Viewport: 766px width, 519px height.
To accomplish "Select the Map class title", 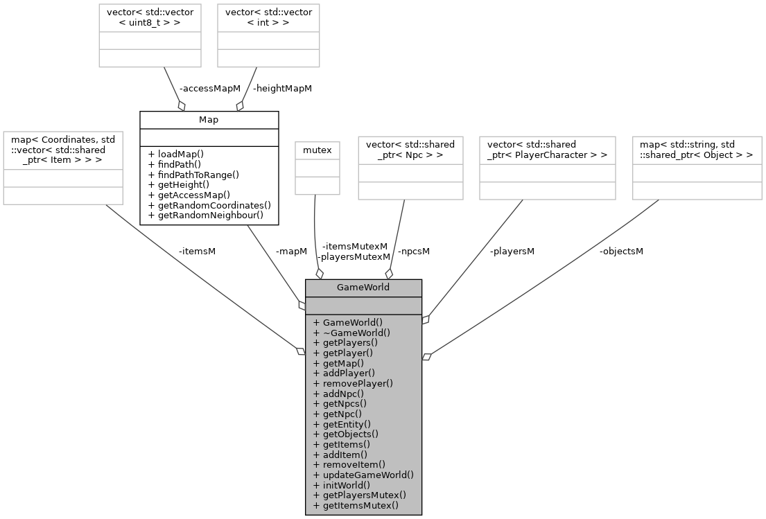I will coord(209,120).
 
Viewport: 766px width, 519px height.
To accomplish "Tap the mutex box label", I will coord(317,149).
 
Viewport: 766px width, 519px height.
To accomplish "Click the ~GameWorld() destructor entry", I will coord(351,332).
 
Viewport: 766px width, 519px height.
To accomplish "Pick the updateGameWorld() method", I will coord(363,475).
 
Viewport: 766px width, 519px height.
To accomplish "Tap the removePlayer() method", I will coord(353,383).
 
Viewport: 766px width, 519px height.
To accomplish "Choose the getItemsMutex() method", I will coord(356,505).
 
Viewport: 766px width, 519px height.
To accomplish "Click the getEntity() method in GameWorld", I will coord(342,423).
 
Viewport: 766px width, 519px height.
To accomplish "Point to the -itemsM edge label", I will coord(197,251).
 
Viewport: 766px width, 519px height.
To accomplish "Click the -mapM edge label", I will coord(290,251).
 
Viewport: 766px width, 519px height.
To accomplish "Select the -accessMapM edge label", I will coord(209,89).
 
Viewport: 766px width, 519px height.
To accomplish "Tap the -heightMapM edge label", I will coord(283,89).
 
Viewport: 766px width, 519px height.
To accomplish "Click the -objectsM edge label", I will coord(621,251).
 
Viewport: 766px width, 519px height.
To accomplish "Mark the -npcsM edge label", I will coord(414,251).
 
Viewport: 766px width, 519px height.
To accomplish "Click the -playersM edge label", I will coord(512,251).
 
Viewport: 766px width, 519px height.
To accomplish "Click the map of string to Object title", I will coord(696,150).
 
